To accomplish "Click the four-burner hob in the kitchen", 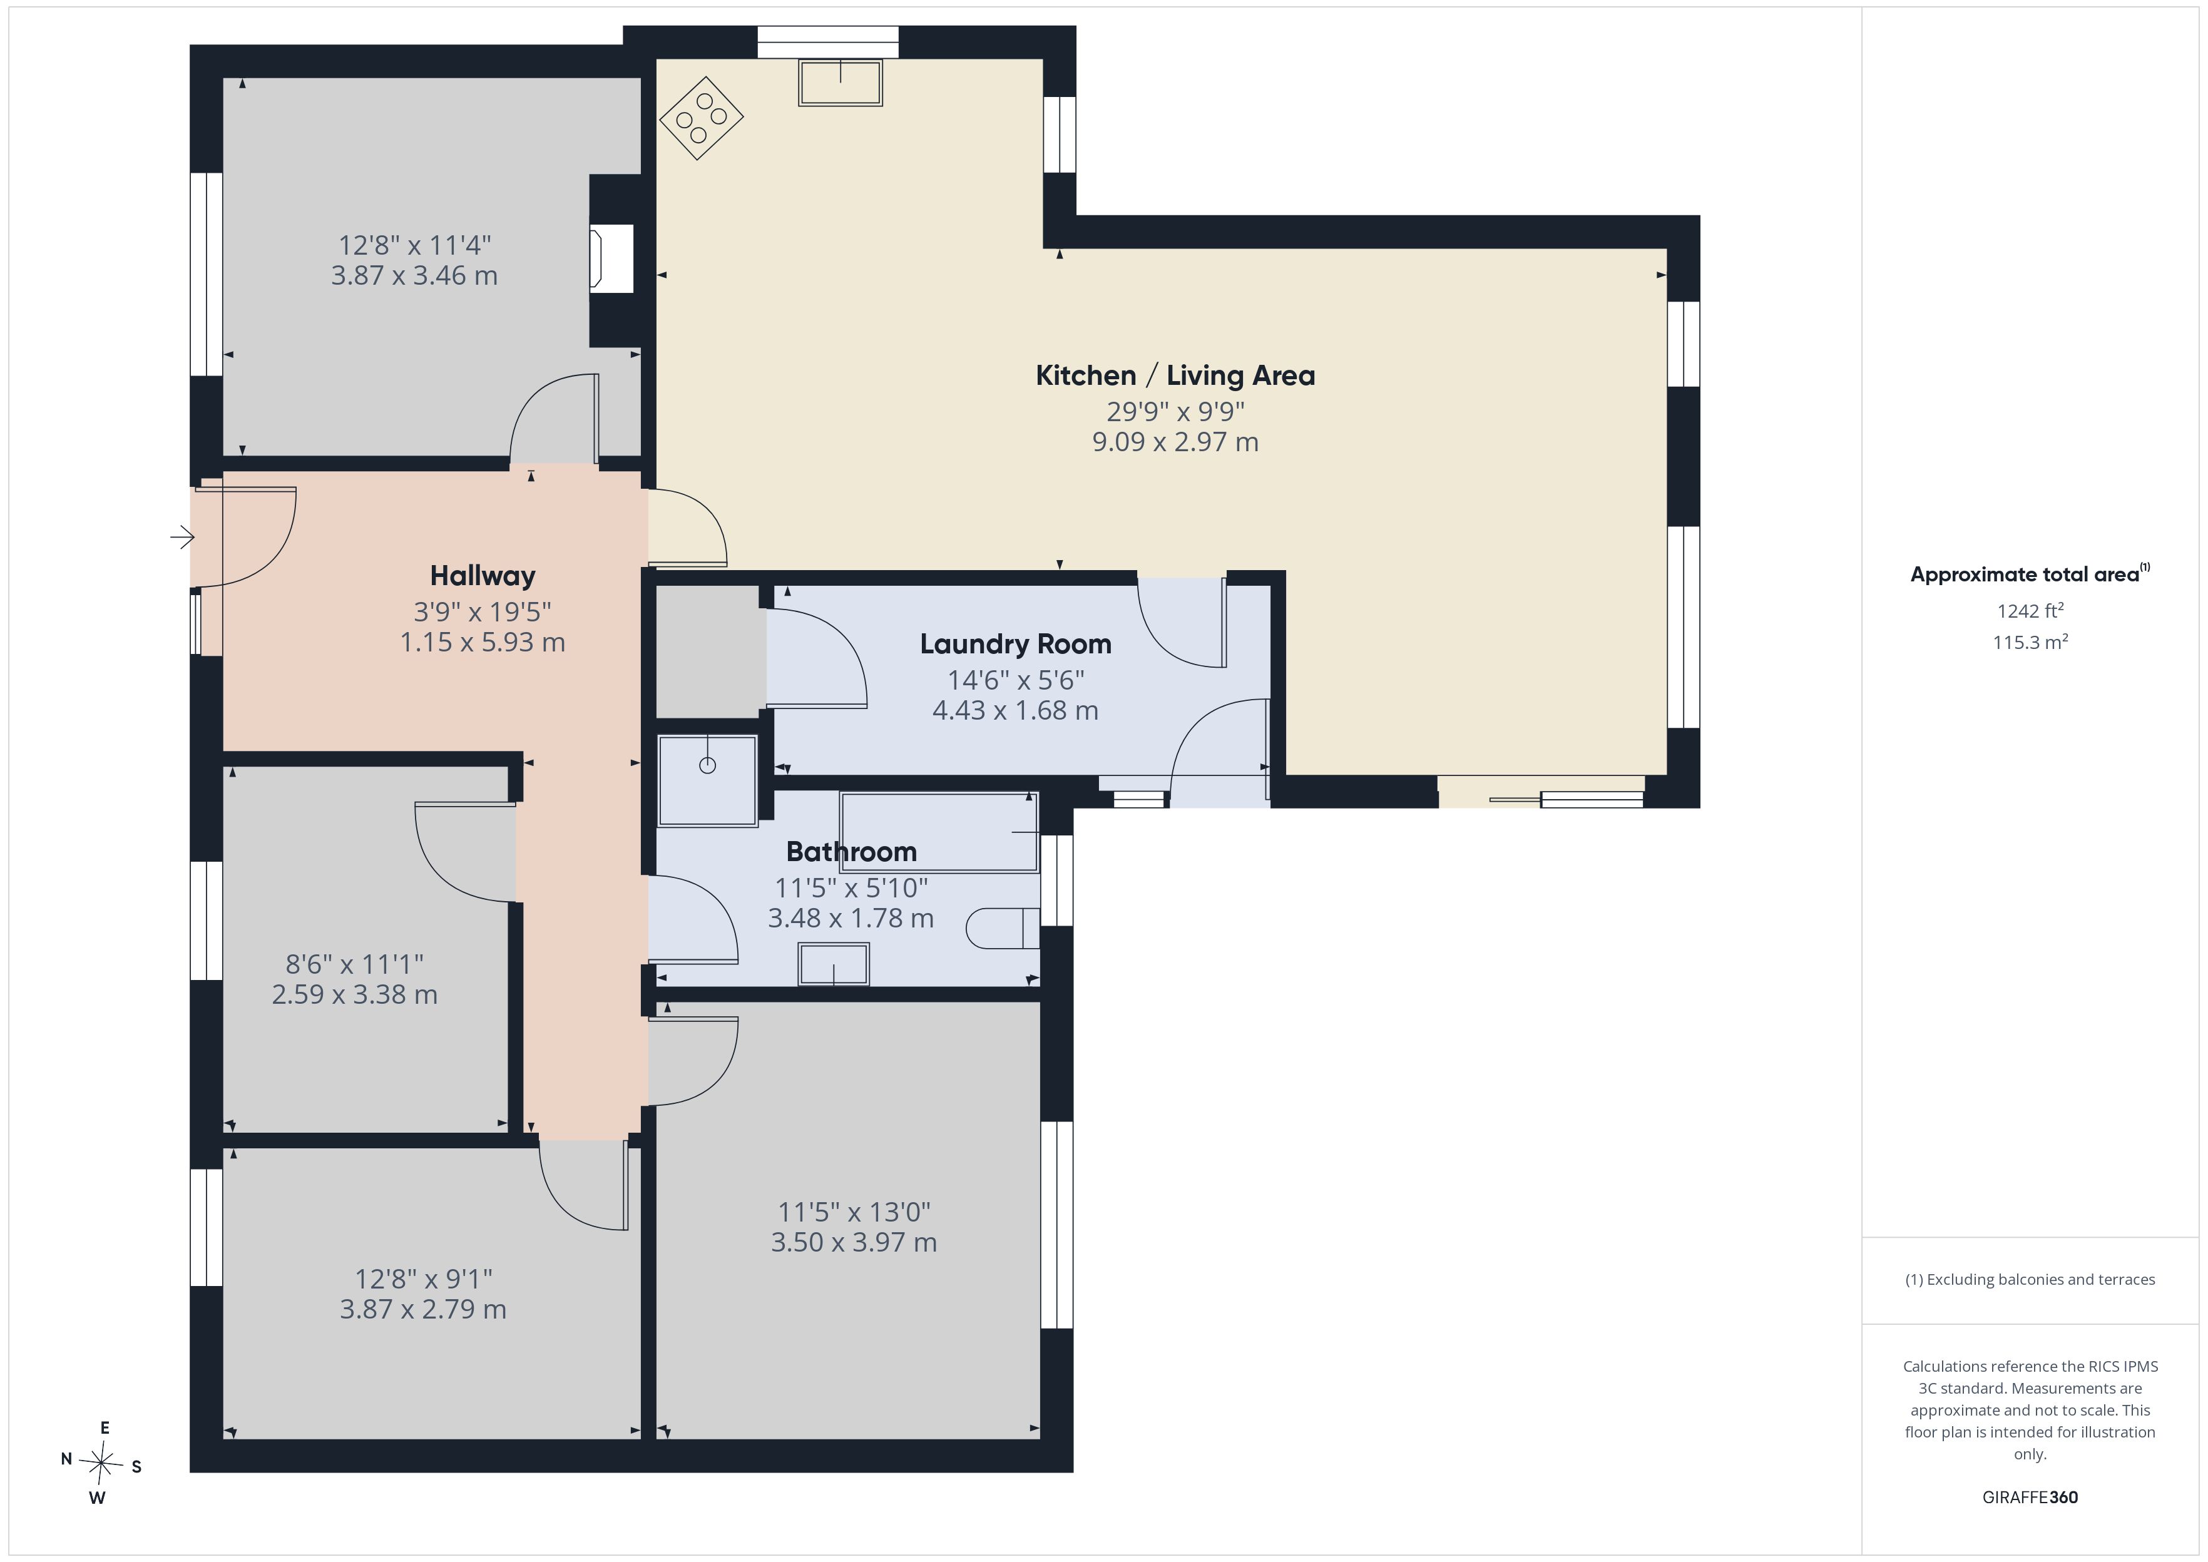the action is [701, 118].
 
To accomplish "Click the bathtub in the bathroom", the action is [939, 832].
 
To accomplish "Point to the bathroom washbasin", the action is [834, 964].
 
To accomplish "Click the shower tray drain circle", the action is [708, 765].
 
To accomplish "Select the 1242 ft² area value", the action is [2030, 611].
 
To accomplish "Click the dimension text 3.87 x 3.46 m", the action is [414, 276].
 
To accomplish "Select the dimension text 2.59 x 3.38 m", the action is [355, 994].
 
